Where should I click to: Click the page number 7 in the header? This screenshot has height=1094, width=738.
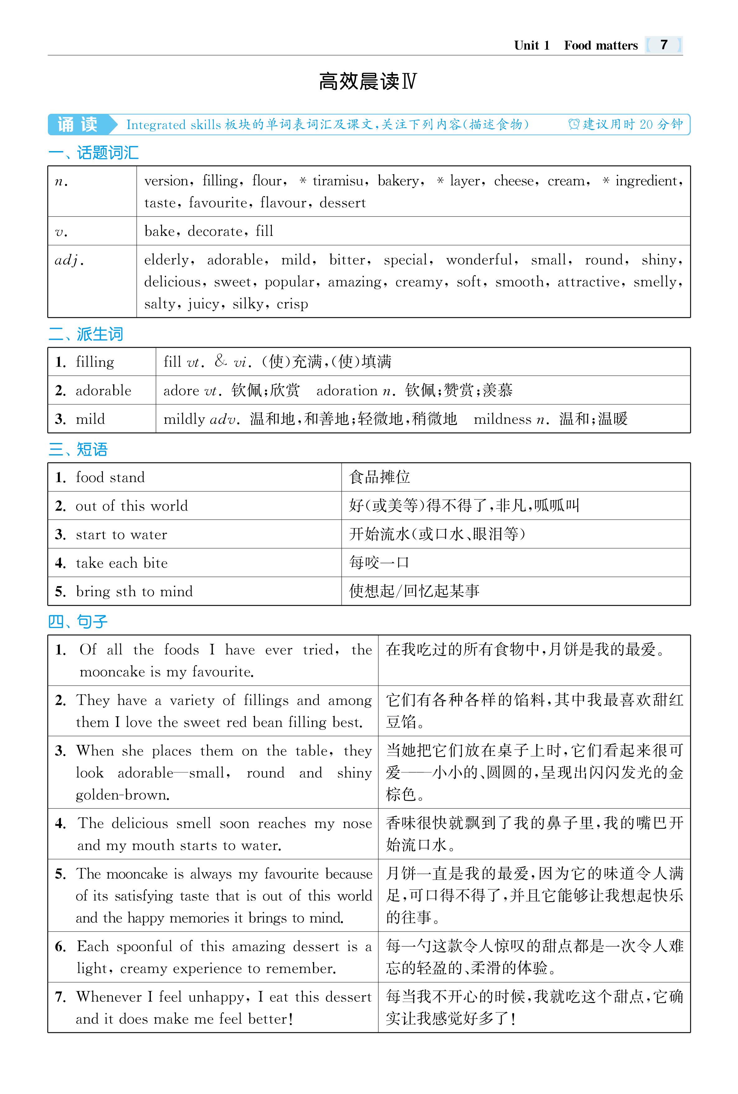664,45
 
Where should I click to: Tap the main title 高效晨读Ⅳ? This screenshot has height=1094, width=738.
367,81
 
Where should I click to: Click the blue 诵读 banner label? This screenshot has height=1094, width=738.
78,125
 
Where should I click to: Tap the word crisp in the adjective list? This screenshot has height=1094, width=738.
292,304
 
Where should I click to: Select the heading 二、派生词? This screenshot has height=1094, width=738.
85,334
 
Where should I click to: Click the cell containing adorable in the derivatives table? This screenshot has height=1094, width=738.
103,390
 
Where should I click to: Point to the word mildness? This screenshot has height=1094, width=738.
502,419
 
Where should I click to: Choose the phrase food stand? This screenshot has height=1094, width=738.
110,478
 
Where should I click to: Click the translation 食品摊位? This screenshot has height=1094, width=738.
379,478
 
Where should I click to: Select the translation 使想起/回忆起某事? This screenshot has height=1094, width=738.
414,592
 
